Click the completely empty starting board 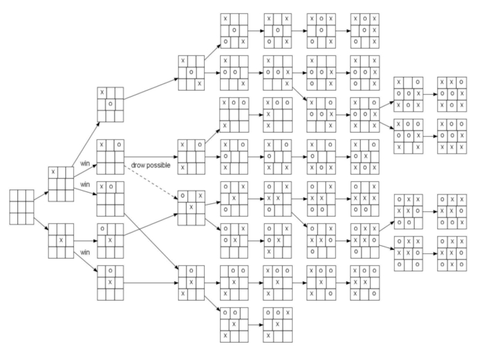(x=22, y=208)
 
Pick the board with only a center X (x=60, y=240)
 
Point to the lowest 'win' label (x=85, y=252)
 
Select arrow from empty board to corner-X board (x=41, y=195)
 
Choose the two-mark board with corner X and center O (x=110, y=104)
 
